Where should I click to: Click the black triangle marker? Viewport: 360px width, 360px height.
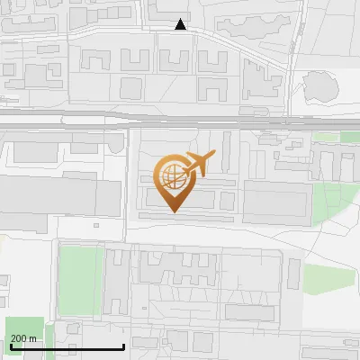pos(181,24)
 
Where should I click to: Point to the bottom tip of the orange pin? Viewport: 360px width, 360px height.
pos(173,211)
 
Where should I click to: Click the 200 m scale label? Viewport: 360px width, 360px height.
pos(23,338)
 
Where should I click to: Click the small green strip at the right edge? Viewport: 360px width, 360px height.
pos(350,138)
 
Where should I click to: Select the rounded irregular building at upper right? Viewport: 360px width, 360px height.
pos(321,87)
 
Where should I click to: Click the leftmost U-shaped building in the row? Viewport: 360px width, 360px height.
pos(94,60)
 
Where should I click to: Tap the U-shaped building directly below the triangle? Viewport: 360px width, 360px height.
pos(173,59)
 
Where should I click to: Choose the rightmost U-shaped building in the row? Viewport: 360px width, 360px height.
pos(213,59)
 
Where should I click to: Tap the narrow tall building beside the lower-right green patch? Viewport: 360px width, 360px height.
pos(293,274)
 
